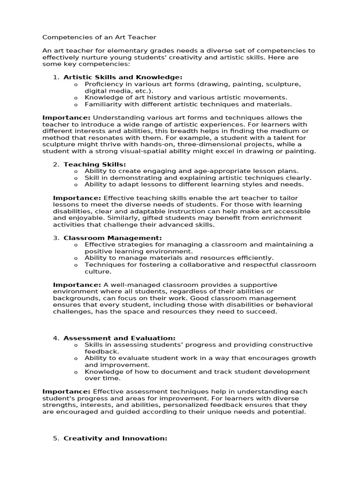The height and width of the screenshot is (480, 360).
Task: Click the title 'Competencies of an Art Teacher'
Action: tap(99, 37)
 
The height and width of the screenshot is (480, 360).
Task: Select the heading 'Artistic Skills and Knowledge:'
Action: tap(123, 77)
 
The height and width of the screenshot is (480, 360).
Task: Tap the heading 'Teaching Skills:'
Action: tap(95, 165)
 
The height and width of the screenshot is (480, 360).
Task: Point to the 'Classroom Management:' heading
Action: tap(112, 238)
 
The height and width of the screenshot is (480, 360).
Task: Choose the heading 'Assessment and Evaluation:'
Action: tap(120, 338)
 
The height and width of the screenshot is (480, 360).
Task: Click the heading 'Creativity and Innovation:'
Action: tap(115, 438)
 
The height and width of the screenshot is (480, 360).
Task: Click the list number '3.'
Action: tap(56, 238)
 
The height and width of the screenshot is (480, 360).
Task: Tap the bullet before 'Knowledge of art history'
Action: tap(75, 97)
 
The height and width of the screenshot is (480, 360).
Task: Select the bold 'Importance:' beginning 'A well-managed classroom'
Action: tap(76, 285)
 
